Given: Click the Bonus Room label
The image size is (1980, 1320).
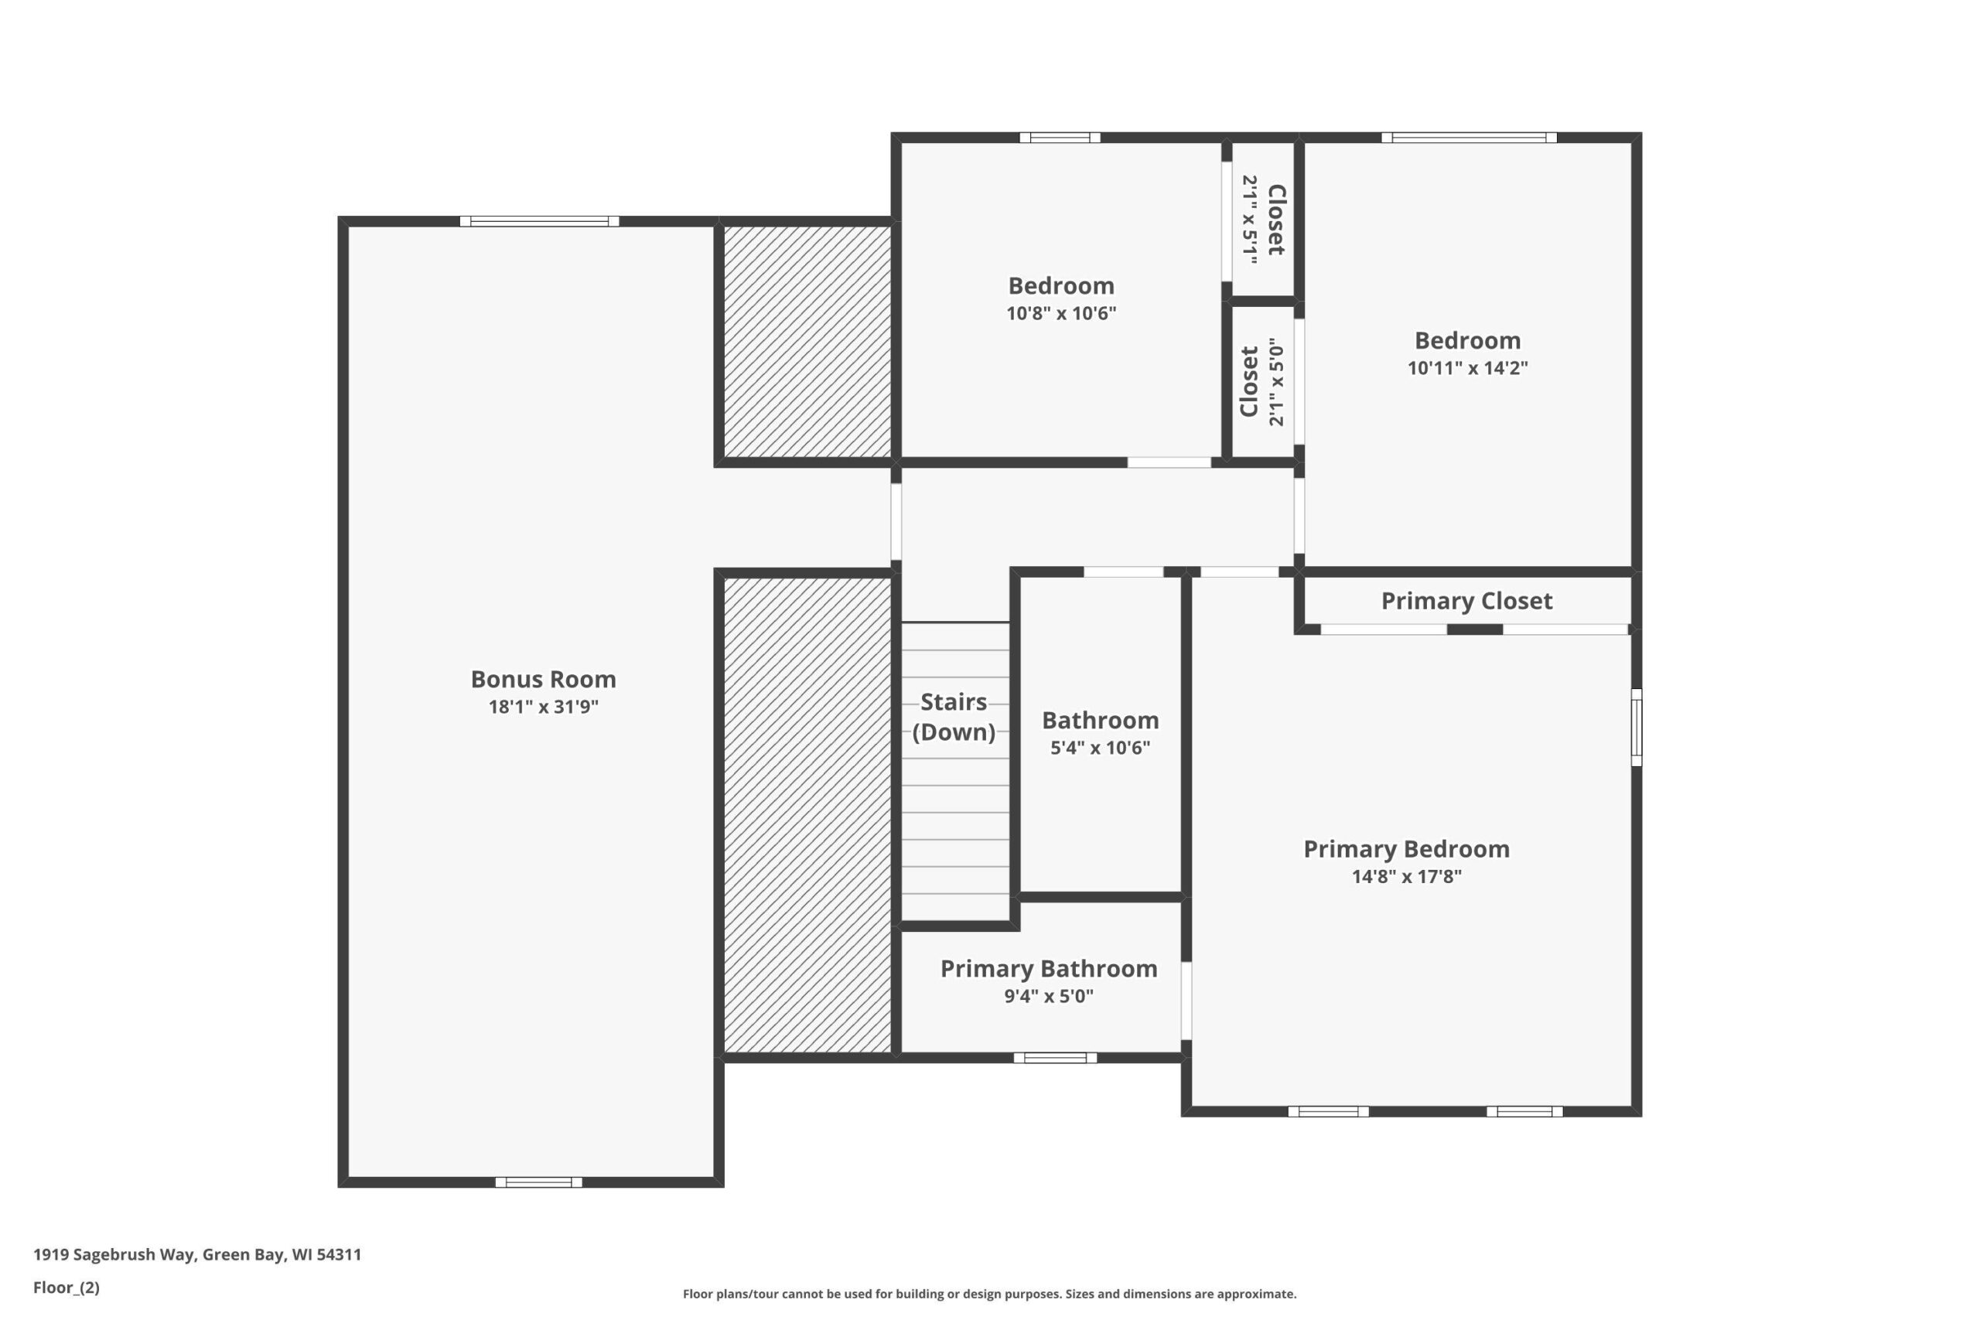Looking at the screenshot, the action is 543,678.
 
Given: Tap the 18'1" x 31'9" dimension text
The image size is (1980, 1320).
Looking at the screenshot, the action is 543,706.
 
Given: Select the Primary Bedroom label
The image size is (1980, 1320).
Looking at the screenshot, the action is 1407,848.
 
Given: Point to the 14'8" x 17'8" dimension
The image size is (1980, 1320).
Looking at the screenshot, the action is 1407,876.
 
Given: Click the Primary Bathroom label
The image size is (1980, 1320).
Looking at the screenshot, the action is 1049,968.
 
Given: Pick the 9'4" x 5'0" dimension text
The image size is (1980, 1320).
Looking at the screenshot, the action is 1049,996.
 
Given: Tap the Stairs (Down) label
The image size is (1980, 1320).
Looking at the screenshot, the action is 954,716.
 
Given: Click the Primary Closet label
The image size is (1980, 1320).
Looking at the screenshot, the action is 1466,600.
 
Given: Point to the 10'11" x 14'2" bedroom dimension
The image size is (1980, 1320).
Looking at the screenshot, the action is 1467,368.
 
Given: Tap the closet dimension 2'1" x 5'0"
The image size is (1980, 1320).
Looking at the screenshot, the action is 1276,381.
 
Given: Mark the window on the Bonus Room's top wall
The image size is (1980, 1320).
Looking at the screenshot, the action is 540,221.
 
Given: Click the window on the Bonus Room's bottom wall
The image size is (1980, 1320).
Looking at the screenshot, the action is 539,1182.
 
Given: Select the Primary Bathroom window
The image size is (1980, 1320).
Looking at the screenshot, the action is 1055,1058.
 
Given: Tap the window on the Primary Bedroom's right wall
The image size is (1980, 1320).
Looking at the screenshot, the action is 1637,728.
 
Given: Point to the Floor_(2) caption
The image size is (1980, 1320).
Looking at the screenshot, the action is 67,1288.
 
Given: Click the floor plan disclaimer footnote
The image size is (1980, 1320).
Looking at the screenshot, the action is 990,1294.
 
